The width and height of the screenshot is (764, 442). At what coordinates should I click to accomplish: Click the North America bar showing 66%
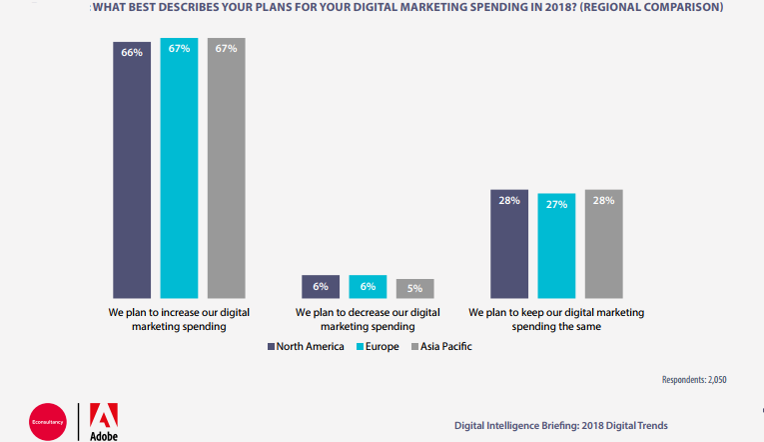point(132,169)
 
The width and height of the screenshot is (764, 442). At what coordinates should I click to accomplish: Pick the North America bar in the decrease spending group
point(321,287)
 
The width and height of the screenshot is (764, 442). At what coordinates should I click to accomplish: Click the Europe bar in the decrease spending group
point(368,287)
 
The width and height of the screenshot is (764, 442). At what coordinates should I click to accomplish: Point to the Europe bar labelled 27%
point(556,245)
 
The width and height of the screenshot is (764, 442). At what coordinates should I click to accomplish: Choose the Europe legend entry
point(376,347)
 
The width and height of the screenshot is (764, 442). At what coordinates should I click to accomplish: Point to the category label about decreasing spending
point(368,319)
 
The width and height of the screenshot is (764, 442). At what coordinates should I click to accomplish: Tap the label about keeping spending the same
point(556,319)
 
